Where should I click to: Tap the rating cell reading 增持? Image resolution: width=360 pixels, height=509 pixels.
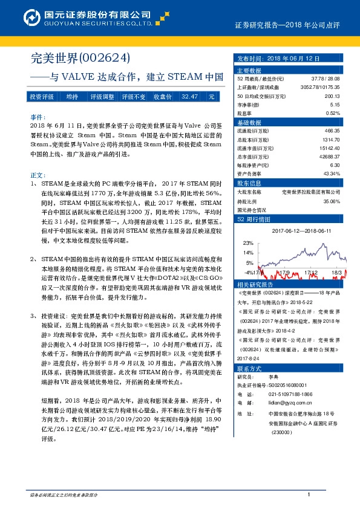point(72,97)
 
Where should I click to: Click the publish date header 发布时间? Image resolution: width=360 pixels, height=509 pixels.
point(249,60)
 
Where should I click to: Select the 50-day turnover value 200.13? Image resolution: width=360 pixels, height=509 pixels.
point(332,96)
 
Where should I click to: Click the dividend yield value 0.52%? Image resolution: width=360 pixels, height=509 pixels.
point(333,113)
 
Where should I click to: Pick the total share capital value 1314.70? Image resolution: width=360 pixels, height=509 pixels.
point(332,138)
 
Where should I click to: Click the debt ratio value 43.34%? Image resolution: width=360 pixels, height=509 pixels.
point(332,173)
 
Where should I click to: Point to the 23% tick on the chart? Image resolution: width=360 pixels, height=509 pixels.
point(249,242)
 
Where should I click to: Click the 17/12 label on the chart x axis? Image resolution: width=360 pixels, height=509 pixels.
point(312,273)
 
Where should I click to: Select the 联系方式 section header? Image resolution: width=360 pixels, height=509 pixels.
point(249,368)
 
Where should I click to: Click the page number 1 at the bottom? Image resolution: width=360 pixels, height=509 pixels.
point(309,495)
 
